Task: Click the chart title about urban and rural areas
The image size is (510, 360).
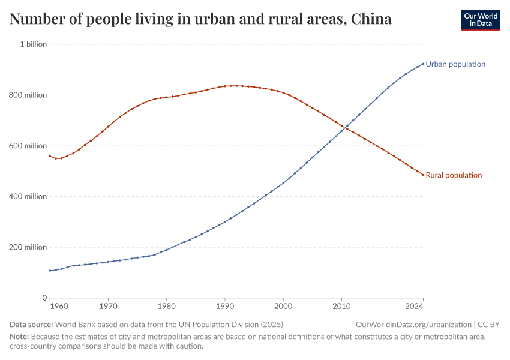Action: pos(201,19)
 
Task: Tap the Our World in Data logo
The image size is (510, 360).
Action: pos(480,20)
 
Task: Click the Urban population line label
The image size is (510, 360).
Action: pos(455,64)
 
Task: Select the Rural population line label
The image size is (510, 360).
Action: pos(454,175)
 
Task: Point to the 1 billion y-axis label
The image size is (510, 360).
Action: pos(33,44)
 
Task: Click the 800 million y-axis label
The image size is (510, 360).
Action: pos(27,95)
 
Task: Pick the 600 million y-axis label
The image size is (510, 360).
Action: pos(27,146)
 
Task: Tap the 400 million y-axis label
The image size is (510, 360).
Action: pos(27,196)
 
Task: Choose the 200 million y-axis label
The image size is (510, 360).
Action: pos(27,247)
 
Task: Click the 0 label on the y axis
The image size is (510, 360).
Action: pos(44,298)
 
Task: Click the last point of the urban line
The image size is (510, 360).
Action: pos(423,64)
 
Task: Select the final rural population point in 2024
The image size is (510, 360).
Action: pos(423,175)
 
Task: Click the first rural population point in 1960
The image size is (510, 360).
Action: pos(50,156)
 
